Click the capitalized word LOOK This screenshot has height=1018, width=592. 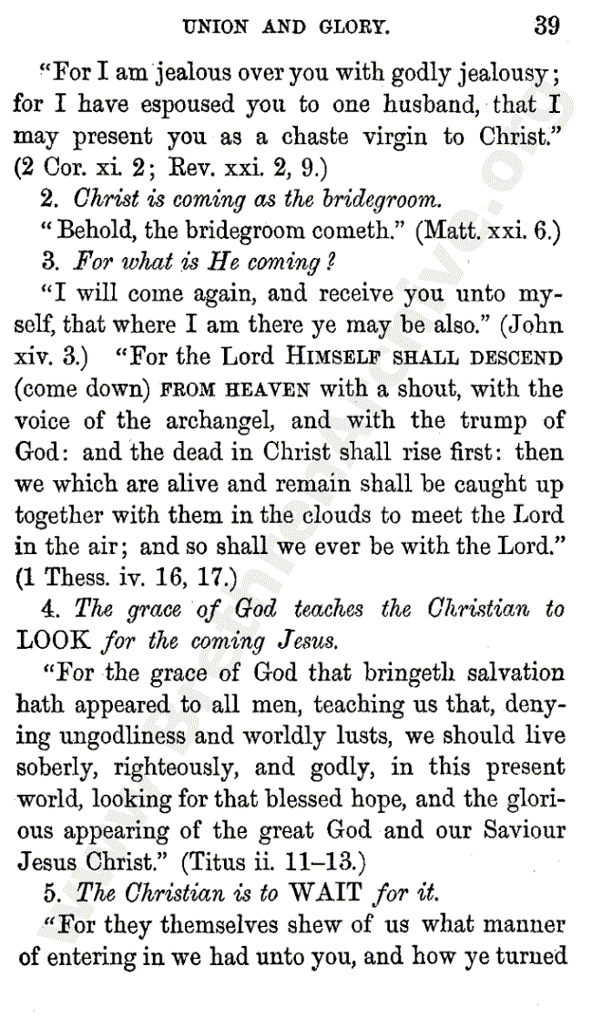coord(55,639)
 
